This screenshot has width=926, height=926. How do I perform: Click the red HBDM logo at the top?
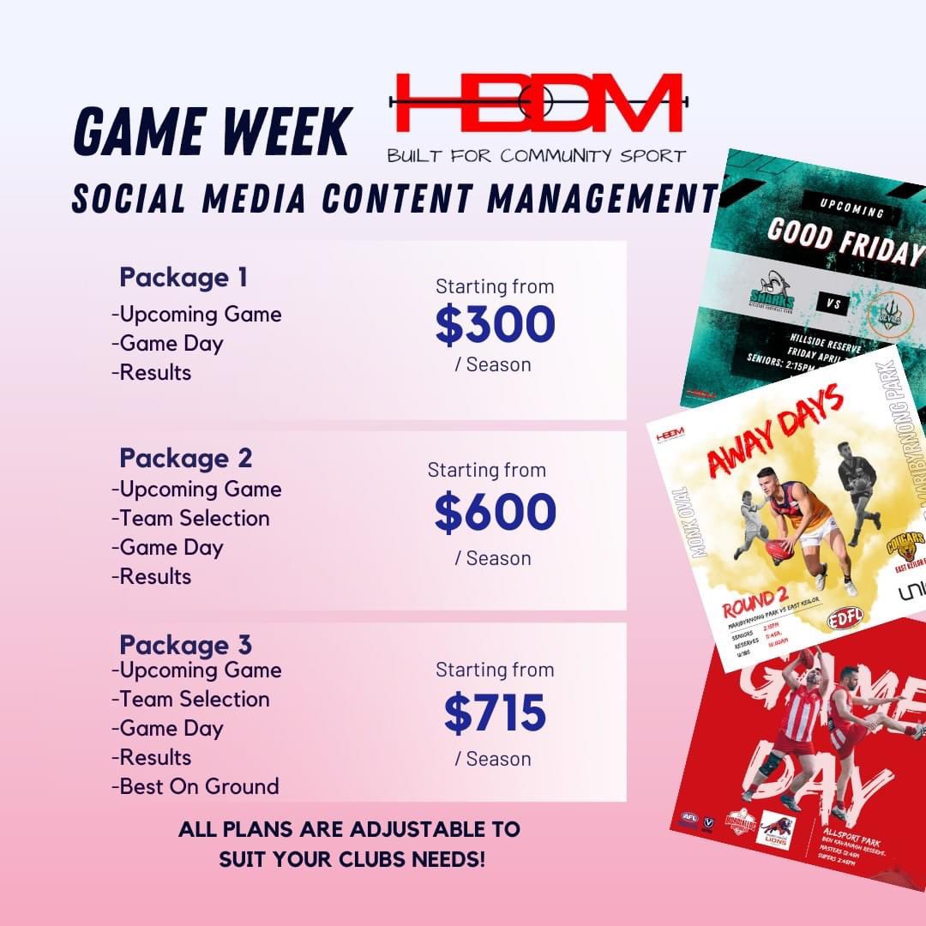click(536, 103)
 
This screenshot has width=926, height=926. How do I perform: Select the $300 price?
click(495, 324)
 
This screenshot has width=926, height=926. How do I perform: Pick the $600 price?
click(495, 512)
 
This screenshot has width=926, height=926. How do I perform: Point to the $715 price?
click(495, 713)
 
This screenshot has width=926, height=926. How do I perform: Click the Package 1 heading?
click(183, 278)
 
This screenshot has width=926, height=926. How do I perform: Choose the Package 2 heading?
click(186, 458)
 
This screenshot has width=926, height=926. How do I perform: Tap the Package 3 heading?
click(186, 644)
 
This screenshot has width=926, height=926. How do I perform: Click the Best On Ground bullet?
click(195, 786)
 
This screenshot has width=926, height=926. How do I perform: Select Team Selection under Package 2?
click(191, 518)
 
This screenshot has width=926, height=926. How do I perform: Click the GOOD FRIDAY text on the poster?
click(845, 243)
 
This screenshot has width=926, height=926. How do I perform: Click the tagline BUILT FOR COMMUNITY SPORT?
click(536, 156)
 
